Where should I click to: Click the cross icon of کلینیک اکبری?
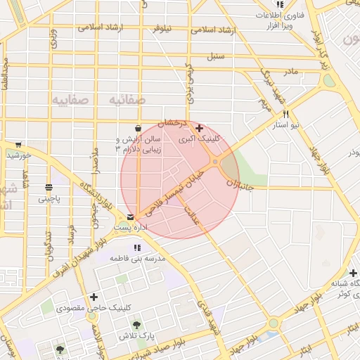click(200, 128)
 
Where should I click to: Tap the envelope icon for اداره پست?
click(131, 217)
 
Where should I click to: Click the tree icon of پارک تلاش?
click(136, 325)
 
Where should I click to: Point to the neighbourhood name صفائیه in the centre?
click(127, 100)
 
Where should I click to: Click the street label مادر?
click(290, 72)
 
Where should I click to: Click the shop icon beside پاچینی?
click(49, 188)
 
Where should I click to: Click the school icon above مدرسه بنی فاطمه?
click(137, 247)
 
